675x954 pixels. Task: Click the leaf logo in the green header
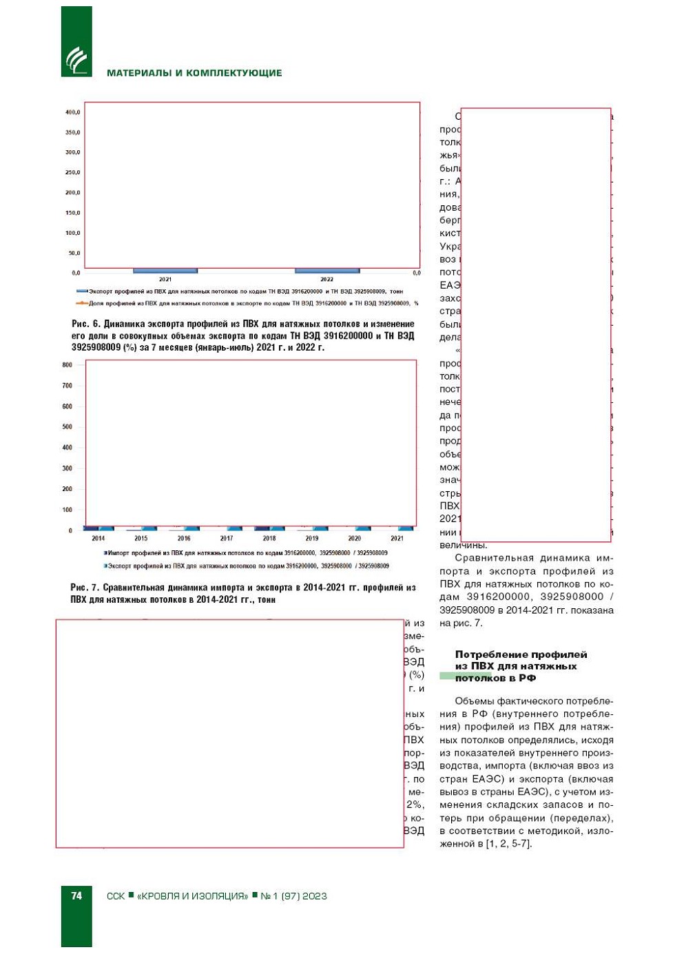coord(76,61)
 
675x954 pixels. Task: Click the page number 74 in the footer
coord(76,895)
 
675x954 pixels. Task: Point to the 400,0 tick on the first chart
coord(72,112)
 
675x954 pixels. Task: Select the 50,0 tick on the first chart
coord(74,253)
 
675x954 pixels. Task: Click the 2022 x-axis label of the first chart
coord(326,279)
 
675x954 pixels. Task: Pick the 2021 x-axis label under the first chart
coord(165,279)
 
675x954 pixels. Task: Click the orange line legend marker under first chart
coord(81,303)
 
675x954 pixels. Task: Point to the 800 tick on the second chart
coord(67,365)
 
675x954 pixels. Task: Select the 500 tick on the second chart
coord(67,427)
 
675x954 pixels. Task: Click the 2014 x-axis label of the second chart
coord(98,539)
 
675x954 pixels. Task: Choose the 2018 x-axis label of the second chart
coord(269,539)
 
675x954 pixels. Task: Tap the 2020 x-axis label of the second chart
coord(355,539)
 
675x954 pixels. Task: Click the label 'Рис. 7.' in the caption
coord(84,588)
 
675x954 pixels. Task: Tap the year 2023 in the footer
coord(314,896)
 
